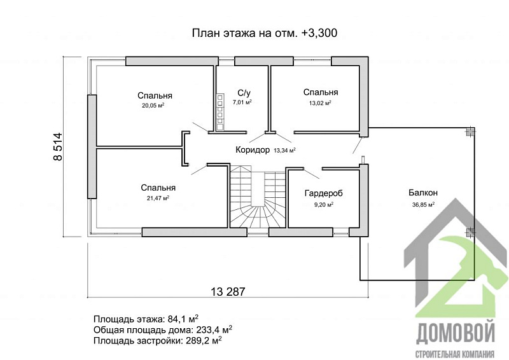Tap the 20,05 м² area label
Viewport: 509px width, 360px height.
[154, 106]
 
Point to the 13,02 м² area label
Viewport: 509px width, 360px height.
[320, 102]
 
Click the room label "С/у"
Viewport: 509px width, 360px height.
[242, 92]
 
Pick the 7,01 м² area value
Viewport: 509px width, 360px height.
[242, 102]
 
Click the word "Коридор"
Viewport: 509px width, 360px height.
[253, 151]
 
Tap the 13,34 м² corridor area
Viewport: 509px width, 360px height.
[284, 151]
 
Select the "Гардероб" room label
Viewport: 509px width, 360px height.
[322, 193]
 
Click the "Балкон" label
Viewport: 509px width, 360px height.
[423, 193]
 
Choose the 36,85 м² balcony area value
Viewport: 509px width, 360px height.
[423, 205]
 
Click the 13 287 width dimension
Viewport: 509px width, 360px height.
[227, 291]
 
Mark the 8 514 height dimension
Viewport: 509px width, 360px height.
[58, 146]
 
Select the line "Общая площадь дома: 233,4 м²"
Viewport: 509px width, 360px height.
[162, 329]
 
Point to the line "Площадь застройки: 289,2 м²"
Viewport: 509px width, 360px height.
[157, 340]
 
